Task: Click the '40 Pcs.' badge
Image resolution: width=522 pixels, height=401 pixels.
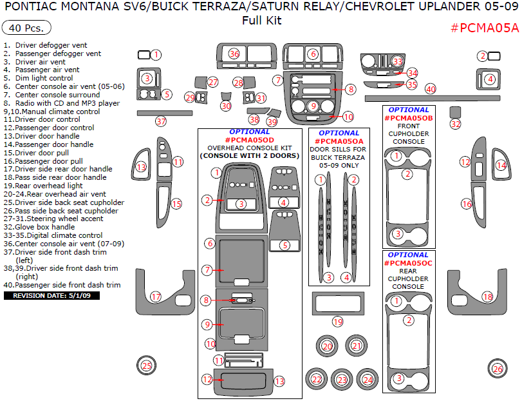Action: [x=27, y=29]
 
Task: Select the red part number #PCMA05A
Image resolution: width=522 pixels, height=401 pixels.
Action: [x=484, y=28]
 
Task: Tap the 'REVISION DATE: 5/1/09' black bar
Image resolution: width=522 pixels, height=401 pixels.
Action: [x=48, y=295]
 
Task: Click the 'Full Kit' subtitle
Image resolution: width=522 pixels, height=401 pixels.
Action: [x=261, y=20]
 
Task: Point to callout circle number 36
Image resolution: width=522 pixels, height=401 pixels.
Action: [x=234, y=54]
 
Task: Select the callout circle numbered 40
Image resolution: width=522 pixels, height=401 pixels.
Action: [x=430, y=89]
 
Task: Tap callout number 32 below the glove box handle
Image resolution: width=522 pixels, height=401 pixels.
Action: [x=456, y=124]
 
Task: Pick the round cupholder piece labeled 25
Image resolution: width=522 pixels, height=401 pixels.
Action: [x=147, y=366]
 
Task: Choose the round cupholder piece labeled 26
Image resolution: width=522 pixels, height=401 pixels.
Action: [x=497, y=369]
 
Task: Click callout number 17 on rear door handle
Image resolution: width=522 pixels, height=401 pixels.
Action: [x=155, y=297]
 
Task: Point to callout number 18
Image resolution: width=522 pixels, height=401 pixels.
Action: [x=487, y=297]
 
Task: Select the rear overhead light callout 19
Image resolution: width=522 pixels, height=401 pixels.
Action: [x=337, y=321]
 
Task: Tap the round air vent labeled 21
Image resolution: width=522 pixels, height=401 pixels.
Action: [x=357, y=346]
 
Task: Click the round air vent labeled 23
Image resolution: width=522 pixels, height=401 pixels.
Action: [x=342, y=380]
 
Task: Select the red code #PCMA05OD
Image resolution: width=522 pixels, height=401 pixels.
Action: [x=250, y=140]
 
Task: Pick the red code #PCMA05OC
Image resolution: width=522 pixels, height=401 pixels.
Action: [x=408, y=263]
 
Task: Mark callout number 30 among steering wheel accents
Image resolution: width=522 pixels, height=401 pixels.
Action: [x=225, y=106]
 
